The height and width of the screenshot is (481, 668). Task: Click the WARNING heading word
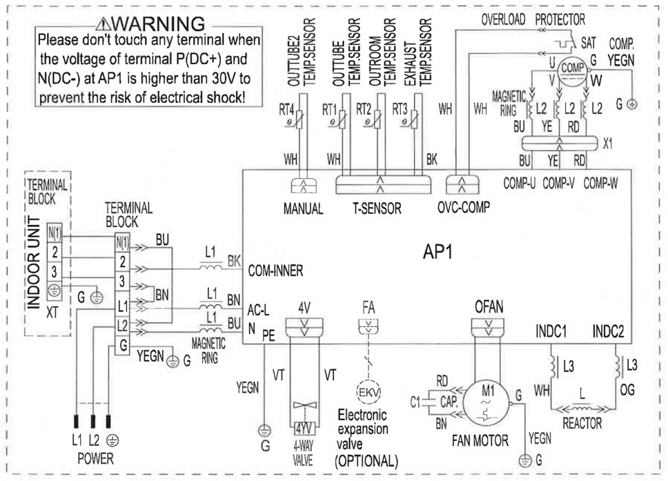pyautogui.click(x=169, y=24)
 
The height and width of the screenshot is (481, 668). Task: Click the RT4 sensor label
pyautogui.click(x=289, y=109)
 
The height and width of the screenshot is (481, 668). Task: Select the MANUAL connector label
pyautogui.click(x=303, y=208)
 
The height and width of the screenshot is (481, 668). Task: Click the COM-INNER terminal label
pyautogui.click(x=276, y=272)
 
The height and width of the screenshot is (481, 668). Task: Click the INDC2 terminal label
pyautogui.click(x=609, y=331)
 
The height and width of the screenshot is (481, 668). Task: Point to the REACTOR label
pyautogui.click(x=582, y=424)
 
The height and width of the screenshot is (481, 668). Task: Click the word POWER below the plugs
pyautogui.click(x=94, y=459)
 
